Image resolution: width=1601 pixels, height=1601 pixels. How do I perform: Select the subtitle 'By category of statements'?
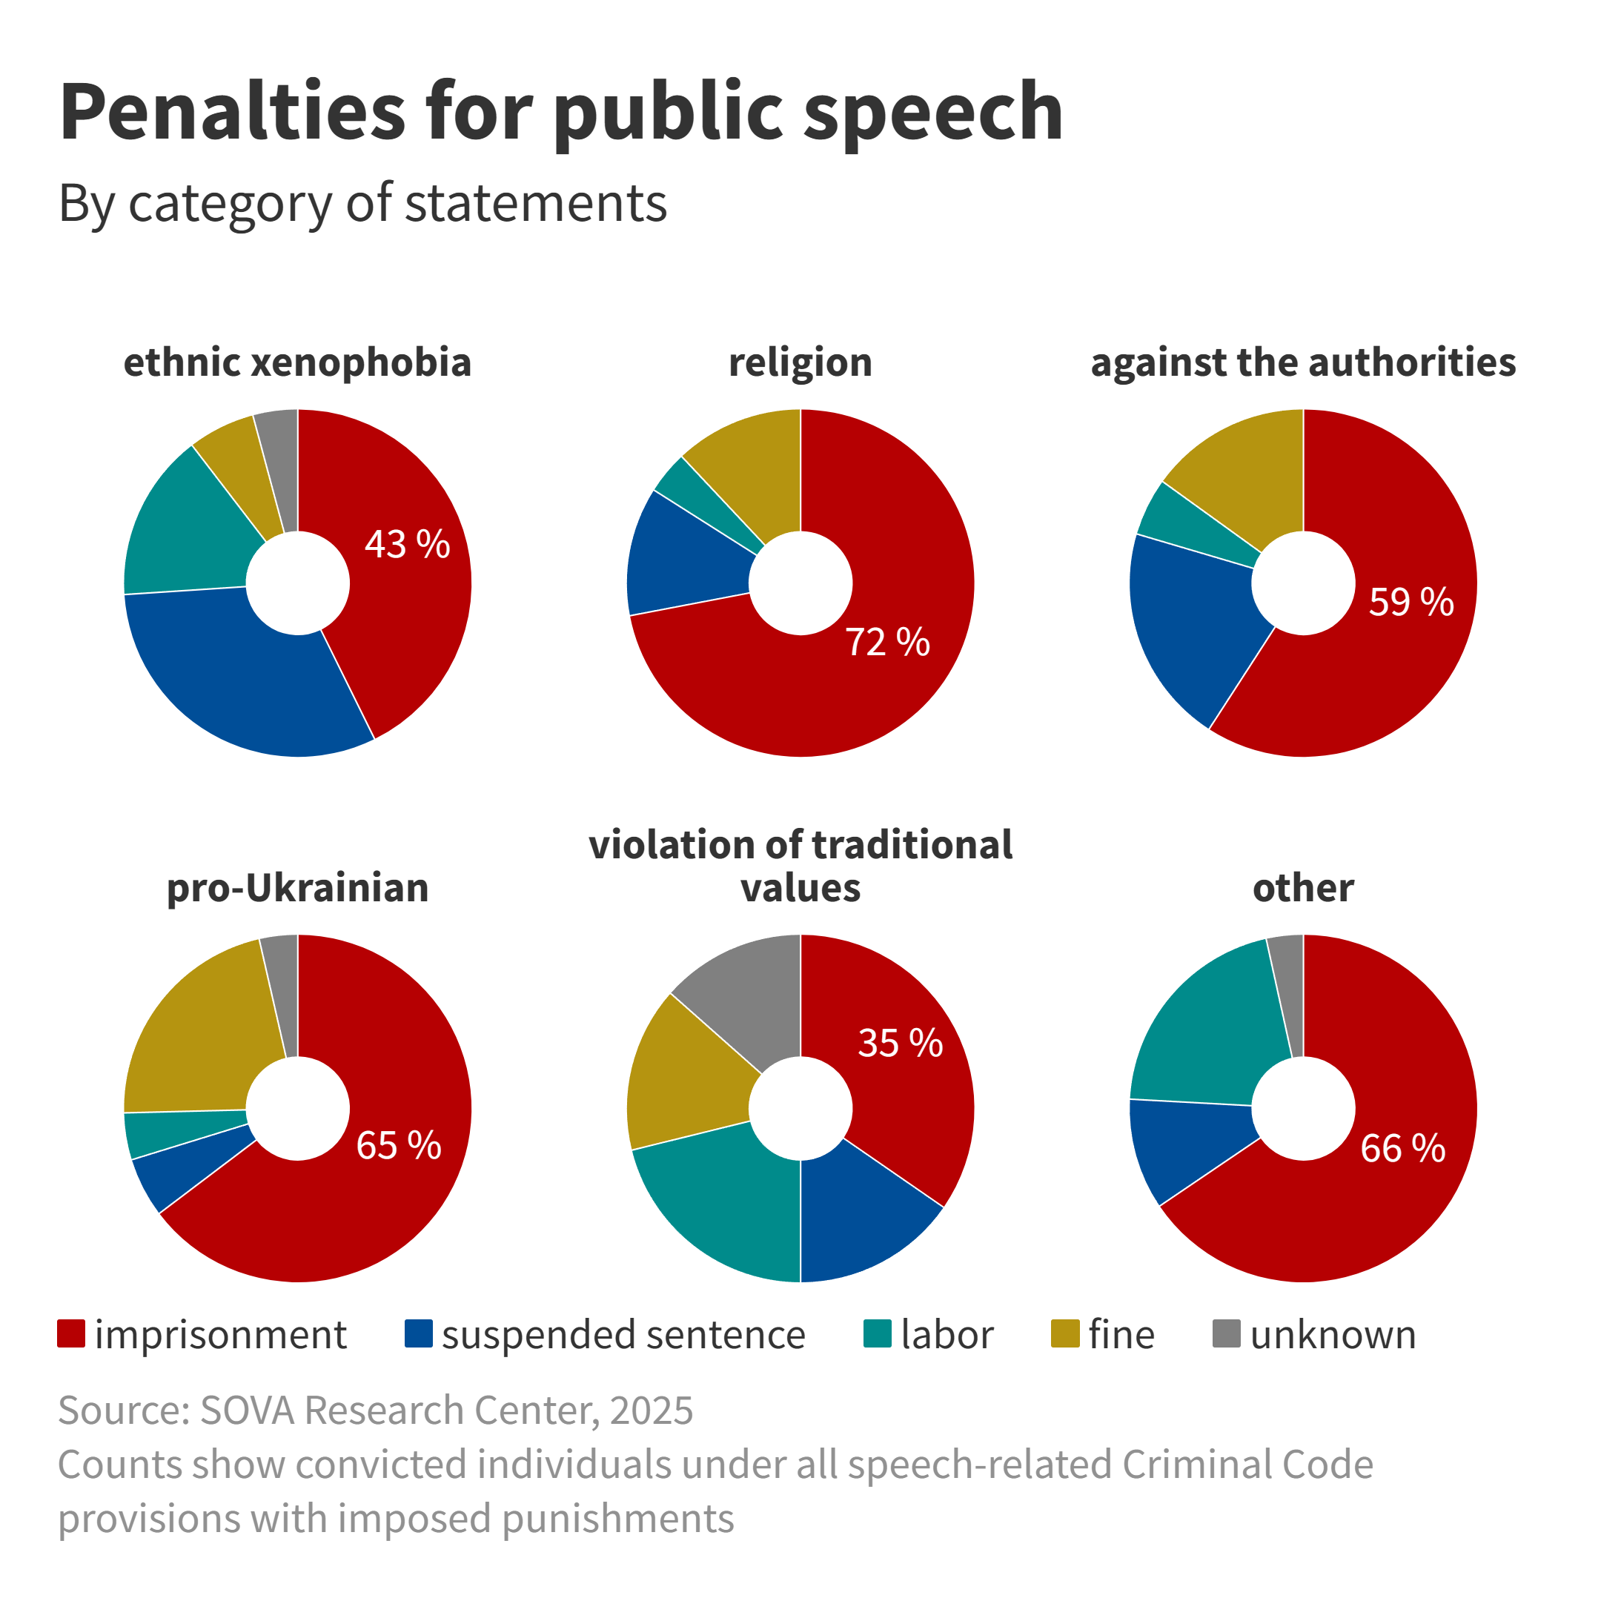pos(362,203)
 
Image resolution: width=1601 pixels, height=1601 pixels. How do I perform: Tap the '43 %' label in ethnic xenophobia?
pos(407,545)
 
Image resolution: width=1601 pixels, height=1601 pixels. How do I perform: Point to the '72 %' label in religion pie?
pos(887,642)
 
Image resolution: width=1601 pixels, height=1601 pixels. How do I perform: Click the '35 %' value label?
pos(900,1042)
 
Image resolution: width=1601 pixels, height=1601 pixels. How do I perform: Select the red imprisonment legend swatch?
pos(71,1334)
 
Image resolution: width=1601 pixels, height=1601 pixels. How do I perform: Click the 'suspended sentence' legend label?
pos(623,1335)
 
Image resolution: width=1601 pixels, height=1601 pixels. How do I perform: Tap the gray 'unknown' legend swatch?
pos(1227,1334)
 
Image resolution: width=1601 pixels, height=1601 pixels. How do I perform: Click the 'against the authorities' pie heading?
pos(1303,362)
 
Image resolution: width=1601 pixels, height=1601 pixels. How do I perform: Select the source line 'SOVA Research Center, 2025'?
pos(375,1411)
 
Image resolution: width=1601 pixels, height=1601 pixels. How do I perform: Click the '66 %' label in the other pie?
pos(1402,1149)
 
